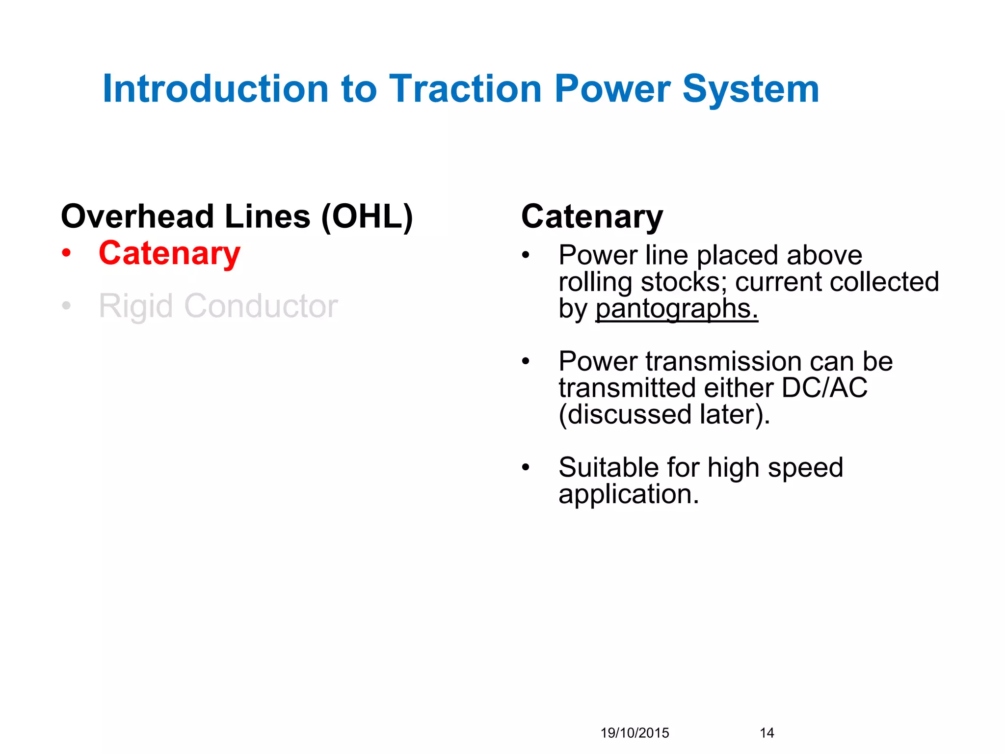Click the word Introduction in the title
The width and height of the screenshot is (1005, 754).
(x=215, y=89)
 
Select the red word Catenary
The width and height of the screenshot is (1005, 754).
(x=169, y=254)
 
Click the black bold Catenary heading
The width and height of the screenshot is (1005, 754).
(x=592, y=217)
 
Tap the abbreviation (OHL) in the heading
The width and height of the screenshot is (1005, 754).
(x=367, y=217)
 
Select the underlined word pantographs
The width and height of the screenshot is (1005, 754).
(x=676, y=309)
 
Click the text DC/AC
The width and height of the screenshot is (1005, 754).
(x=824, y=388)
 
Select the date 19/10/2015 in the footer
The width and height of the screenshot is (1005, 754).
(x=635, y=733)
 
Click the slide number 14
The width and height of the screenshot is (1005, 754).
(x=767, y=733)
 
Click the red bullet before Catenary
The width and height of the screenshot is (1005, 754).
(x=66, y=254)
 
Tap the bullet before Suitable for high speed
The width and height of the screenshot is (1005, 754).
(x=526, y=467)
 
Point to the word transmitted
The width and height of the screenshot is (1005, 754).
(x=627, y=388)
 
